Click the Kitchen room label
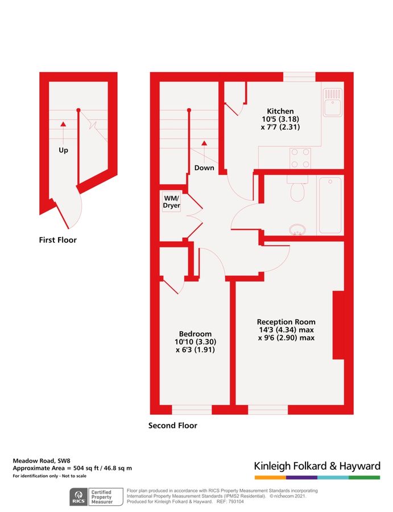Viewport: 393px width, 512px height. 280,111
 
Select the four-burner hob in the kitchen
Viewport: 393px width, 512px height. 300,158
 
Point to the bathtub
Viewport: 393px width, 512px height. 330,205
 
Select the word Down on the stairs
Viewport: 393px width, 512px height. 204,168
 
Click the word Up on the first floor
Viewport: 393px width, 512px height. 64,151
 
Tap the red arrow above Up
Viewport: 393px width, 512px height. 64,123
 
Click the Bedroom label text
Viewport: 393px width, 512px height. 195,334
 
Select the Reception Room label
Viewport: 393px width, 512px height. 286,321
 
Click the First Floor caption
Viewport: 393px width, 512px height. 57,240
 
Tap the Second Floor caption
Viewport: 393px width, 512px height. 172,426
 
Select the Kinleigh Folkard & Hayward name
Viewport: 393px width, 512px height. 317,466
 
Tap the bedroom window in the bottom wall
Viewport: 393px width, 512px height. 192,410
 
